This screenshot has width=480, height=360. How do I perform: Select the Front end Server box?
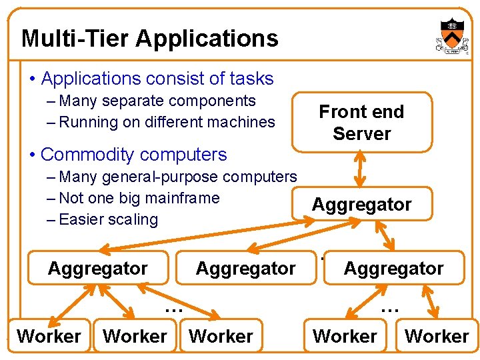pyautogui.click(x=361, y=122)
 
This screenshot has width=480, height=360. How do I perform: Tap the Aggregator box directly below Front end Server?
pyautogui.click(x=362, y=204)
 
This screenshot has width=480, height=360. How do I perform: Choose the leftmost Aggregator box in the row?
pyautogui.click(x=98, y=268)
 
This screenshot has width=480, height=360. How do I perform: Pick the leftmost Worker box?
pyautogui.click(x=49, y=336)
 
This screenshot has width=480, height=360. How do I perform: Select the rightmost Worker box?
pyautogui.click(x=437, y=336)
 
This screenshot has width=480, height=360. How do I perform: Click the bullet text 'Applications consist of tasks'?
pyautogui.click(x=157, y=79)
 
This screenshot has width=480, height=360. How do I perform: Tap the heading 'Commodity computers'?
pyautogui.click(x=133, y=155)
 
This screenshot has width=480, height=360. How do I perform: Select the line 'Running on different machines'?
pyautogui.click(x=167, y=122)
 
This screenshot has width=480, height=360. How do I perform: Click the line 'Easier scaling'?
pyautogui.click(x=108, y=219)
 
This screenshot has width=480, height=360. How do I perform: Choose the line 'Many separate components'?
pyautogui.click(x=157, y=101)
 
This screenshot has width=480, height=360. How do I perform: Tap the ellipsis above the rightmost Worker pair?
pyautogui.click(x=389, y=307)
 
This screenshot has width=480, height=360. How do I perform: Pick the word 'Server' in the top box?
pyautogui.click(x=361, y=133)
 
